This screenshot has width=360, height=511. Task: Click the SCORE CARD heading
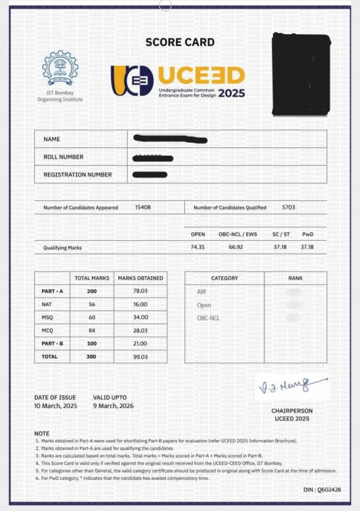[180, 42]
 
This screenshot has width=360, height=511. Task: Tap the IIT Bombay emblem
[60, 69]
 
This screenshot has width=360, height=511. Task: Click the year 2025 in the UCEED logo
[231, 94]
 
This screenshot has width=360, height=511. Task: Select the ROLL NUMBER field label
[64, 157]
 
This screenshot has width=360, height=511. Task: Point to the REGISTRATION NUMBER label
[78, 175]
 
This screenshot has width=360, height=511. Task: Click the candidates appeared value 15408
[143, 207]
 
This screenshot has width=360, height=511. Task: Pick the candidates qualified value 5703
[288, 207]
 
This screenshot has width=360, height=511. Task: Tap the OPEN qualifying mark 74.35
[198, 247]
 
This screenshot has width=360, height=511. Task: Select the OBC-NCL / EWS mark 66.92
[236, 247]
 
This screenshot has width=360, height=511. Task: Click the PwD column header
[307, 234]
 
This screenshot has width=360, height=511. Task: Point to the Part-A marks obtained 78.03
[140, 291]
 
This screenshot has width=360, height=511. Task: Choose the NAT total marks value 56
[92, 304]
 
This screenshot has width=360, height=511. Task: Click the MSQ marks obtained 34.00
[140, 317]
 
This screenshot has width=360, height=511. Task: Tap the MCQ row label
[47, 330]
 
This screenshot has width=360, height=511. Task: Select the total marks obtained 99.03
[140, 356]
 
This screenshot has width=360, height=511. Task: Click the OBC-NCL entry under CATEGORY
[208, 318]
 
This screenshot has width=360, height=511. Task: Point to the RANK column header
[295, 278]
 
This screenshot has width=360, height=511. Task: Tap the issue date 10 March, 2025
[56, 406]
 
